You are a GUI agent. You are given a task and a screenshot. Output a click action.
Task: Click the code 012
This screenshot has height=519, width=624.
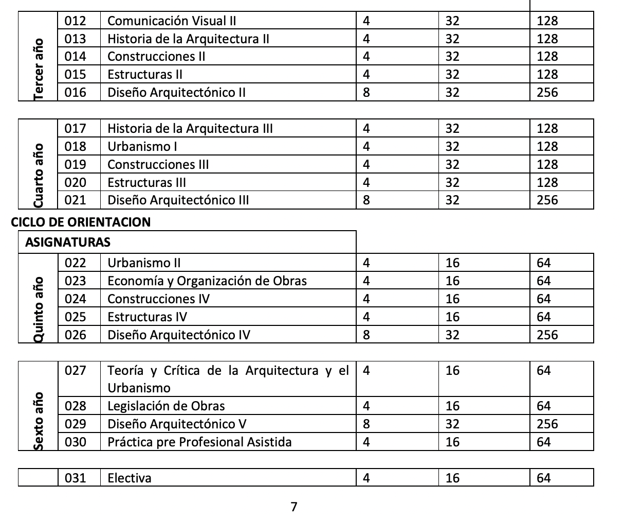(75, 21)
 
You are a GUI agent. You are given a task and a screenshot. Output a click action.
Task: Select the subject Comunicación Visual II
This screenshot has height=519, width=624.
(172, 21)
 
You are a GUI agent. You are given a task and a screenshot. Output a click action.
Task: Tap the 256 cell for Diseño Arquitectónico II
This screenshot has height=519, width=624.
(547, 93)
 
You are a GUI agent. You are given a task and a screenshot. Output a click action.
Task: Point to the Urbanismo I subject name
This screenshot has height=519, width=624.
(142, 147)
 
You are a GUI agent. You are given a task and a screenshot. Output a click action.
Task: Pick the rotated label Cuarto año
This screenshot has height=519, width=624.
(39, 176)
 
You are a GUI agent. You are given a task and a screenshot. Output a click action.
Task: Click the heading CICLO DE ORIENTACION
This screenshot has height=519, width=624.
(81, 222)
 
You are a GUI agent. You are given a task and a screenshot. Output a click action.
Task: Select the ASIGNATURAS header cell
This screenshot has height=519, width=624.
(68, 242)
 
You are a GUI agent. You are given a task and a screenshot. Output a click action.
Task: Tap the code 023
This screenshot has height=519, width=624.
(75, 281)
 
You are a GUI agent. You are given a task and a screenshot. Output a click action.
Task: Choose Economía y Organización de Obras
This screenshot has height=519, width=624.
(207, 281)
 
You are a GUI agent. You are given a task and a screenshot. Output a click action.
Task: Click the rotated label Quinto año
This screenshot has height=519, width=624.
(39, 309)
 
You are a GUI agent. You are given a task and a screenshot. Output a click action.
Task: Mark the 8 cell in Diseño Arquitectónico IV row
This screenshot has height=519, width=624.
(366, 335)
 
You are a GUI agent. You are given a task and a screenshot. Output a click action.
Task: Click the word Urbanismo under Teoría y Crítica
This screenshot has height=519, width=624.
(139, 388)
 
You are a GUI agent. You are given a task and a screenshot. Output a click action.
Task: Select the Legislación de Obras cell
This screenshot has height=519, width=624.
(166, 406)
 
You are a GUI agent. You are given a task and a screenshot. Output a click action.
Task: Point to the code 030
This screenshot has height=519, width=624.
(75, 442)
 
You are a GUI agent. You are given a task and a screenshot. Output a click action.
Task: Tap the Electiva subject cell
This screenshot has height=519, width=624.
(130, 478)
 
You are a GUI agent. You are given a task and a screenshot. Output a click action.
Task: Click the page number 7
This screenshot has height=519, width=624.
(294, 507)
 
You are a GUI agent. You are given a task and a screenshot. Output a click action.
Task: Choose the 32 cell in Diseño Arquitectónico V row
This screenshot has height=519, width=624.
(452, 424)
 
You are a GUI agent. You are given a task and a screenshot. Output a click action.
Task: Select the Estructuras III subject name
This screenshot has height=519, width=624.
(146, 183)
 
